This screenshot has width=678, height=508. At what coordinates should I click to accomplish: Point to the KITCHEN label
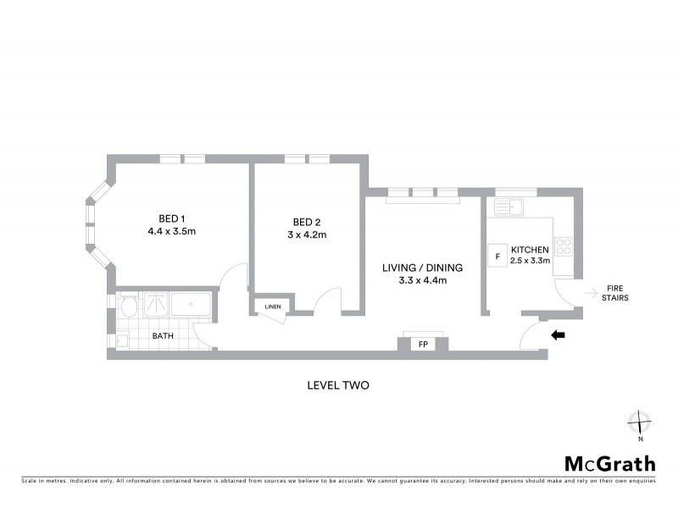click(x=530, y=250)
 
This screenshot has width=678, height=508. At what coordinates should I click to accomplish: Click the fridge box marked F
click(x=495, y=255)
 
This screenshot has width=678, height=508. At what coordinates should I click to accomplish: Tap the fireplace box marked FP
click(x=422, y=345)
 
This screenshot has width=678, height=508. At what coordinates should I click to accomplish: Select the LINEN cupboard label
click(x=272, y=306)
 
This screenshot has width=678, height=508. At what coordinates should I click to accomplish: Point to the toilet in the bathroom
click(x=129, y=306)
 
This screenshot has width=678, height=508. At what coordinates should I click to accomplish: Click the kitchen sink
click(x=510, y=206)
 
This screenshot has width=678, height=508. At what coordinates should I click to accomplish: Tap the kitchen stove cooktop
click(x=564, y=248)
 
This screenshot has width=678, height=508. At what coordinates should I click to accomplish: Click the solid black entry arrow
click(x=558, y=335)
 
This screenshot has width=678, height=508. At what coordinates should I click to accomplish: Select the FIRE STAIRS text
click(x=614, y=293)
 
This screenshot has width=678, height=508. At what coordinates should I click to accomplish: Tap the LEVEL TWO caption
click(x=338, y=384)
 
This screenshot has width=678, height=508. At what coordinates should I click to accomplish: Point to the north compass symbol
click(x=640, y=422)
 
